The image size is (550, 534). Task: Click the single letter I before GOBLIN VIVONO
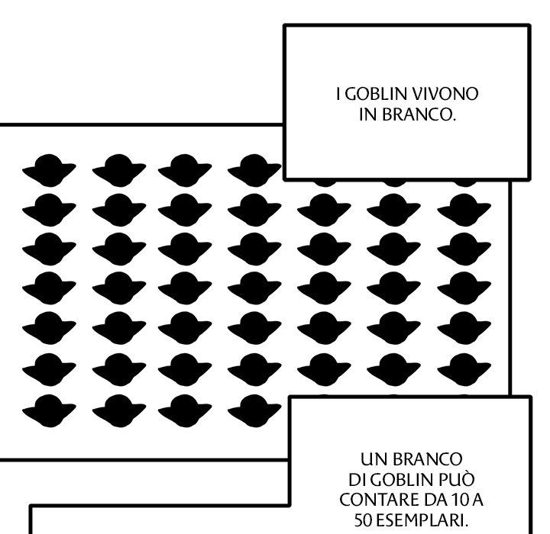338,96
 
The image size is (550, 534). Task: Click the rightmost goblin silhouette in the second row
464,207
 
